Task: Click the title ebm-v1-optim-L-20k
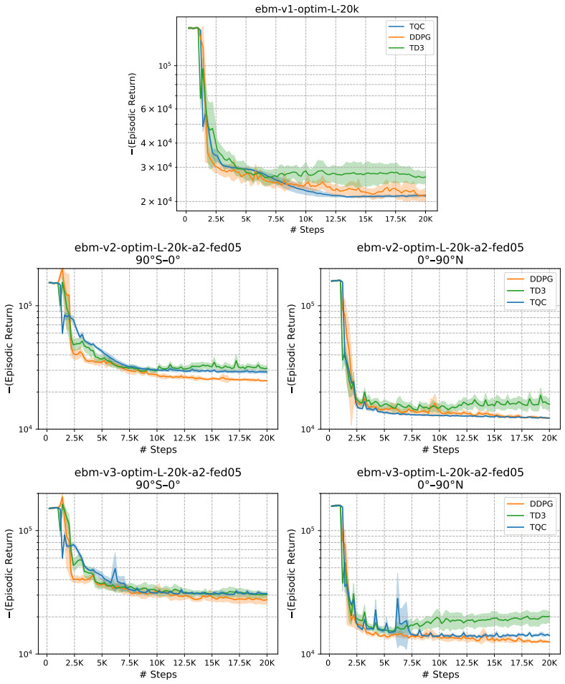pyautogui.click(x=306, y=9)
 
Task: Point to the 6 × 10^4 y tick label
pyautogui.click(x=156, y=108)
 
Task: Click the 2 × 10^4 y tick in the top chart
pyautogui.click(x=156, y=201)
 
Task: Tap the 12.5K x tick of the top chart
pyautogui.click(x=336, y=219)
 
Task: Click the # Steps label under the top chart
pyautogui.click(x=307, y=230)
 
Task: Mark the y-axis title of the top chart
pyautogui.click(x=132, y=114)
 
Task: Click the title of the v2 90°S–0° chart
pyautogui.click(x=158, y=254)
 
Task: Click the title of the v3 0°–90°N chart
pyautogui.click(x=440, y=478)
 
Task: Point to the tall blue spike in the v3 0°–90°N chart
pyautogui.click(x=397, y=599)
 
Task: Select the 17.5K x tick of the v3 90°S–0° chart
pyautogui.click(x=239, y=663)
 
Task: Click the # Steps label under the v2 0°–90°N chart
pyautogui.click(x=440, y=450)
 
